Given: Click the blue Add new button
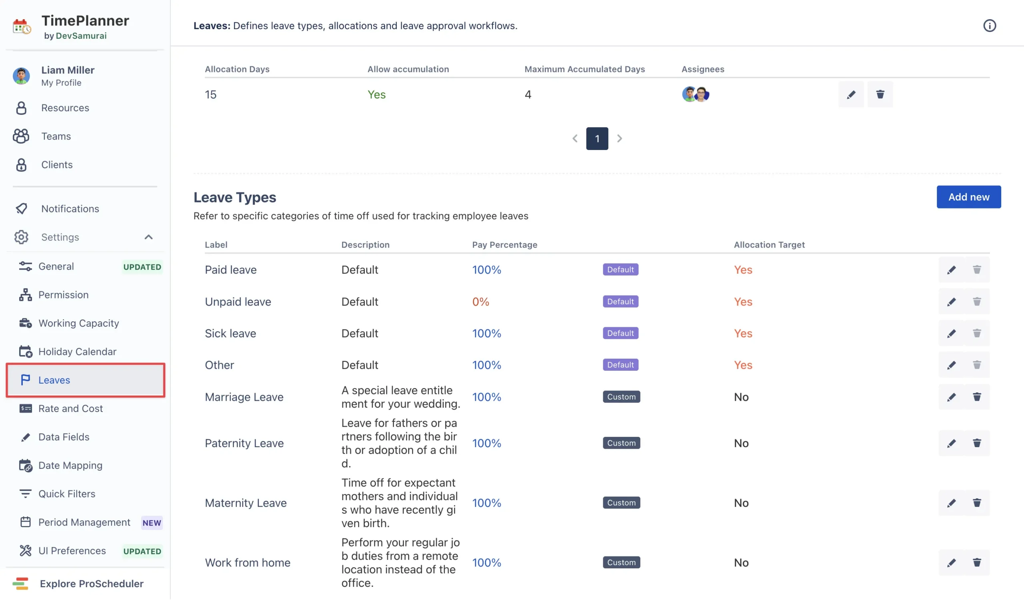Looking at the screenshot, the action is point(968,197).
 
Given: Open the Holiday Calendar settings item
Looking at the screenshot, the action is point(77,351).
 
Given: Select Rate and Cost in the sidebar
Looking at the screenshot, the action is point(70,408).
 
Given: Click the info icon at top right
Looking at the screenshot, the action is point(989,26).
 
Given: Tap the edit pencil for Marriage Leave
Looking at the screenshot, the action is point(951,397).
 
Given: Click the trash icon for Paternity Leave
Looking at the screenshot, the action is point(976,443).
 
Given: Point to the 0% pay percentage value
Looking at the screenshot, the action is point(480,302).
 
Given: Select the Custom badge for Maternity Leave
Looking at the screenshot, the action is point(621,502).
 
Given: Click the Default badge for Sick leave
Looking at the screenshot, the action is point(620,333).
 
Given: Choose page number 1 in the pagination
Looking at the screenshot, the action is point(596,138).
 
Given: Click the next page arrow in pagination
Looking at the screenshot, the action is point(619,138).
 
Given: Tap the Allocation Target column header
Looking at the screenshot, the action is point(769,244).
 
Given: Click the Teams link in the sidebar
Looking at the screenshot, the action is point(56,136).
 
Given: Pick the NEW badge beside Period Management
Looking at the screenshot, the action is point(152,522).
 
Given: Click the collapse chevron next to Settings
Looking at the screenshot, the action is point(148,237).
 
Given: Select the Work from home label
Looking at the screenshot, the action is point(248,562).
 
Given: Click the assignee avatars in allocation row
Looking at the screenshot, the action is point(695,94).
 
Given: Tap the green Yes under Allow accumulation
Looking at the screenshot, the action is point(376,94).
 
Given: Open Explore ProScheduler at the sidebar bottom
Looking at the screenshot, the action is point(92,583).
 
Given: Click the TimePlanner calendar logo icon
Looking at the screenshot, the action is point(22,26).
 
